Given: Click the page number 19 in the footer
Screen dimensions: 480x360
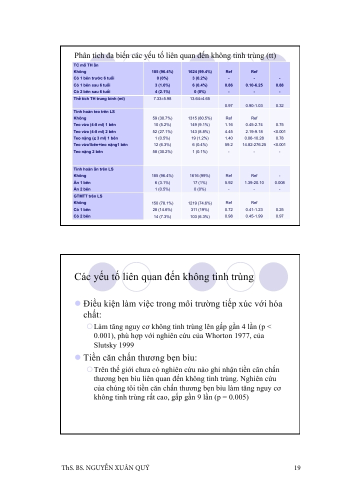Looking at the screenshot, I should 297,468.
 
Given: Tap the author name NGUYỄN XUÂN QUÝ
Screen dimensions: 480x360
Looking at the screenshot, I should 119,468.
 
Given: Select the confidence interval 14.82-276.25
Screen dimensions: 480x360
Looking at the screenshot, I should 254,144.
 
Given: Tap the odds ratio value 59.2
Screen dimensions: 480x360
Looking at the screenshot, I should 228,144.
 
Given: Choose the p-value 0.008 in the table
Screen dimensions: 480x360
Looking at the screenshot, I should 279,182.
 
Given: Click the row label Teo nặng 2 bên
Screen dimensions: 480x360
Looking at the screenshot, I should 88,151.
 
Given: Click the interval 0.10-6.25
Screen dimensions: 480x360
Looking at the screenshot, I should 254,85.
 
